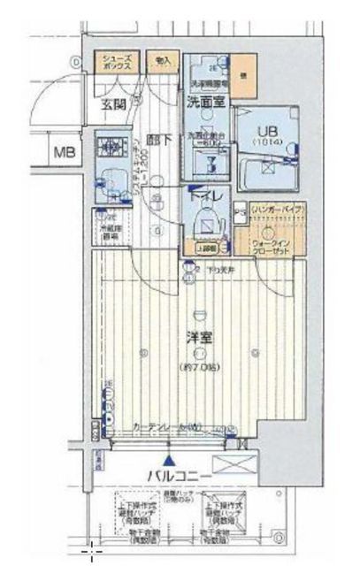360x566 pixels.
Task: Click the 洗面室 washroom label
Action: [x=204, y=102]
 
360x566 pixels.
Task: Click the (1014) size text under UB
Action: [x=264, y=141]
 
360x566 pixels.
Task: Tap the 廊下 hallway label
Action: [x=158, y=139]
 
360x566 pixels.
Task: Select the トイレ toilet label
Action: [x=206, y=197]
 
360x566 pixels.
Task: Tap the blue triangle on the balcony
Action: [x=167, y=461]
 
